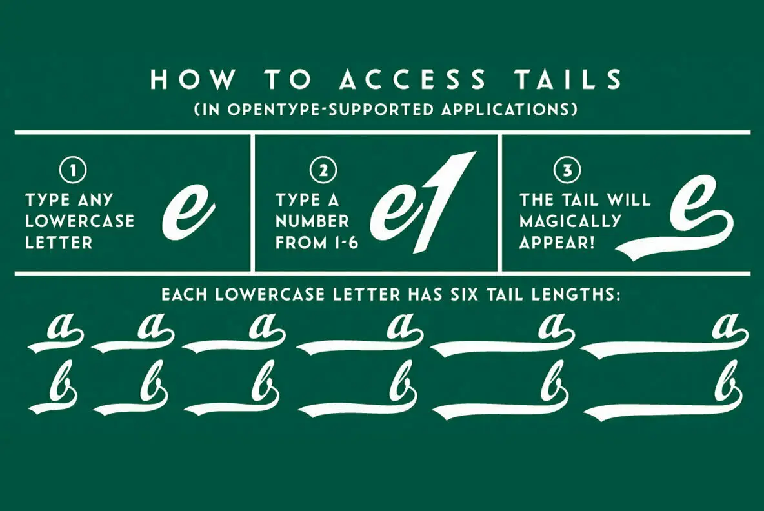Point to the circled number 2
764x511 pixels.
tap(323, 171)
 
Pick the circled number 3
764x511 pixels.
tap(567, 171)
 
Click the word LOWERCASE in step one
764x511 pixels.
tap(79, 221)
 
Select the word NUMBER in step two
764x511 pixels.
tap(312, 221)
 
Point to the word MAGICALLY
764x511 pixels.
tap(570, 221)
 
